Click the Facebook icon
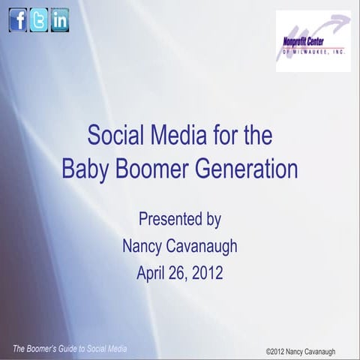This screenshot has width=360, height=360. [18, 20]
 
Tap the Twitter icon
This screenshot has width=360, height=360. [39, 20]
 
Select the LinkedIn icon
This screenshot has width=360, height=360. [60, 20]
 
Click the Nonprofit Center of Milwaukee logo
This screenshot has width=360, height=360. [313, 40]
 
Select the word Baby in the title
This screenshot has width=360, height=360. [85, 167]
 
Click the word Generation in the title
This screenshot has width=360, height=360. [248, 167]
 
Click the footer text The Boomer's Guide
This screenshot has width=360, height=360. [46, 349]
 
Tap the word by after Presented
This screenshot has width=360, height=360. [211, 219]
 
